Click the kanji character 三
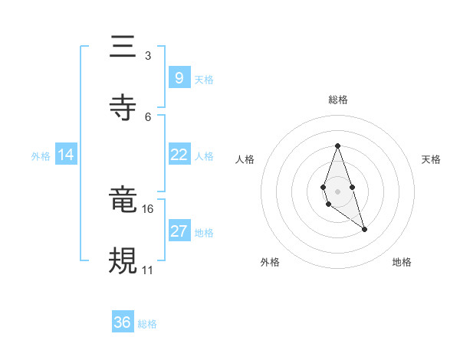click(x=123, y=47)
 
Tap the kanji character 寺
click(x=123, y=107)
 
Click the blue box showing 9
click(x=179, y=77)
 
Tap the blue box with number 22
click(x=179, y=155)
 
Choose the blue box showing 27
click(x=179, y=231)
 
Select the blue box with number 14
click(x=66, y=155)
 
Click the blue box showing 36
click(x=123, y=322)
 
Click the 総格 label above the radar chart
click(x=337, y=100)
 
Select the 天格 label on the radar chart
click(x=431, y=159)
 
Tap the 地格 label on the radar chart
click(x=402, y=262)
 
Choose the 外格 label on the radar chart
click(x=270, y=262)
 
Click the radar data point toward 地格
click(x=364, y=229)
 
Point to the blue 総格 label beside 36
click(x=147, y=324)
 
